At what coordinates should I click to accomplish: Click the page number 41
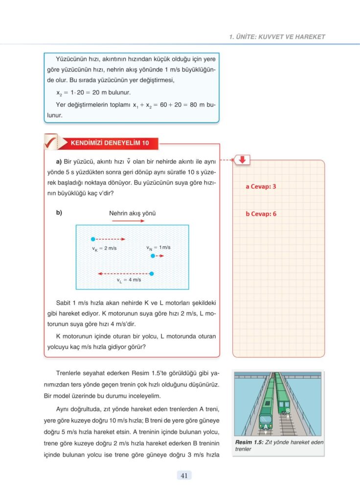pyautogui.click(x=184, y=475)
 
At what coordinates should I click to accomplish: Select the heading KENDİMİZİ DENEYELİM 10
pyautogui.click(x=110, y=143)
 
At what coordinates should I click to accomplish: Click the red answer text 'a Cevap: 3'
pyautogui.click(x=261, y=186)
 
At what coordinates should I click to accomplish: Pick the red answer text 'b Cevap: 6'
pyautogui.click(x=261, y=214)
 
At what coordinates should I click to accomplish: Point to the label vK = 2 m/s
pyautogui.click(x=104, y=249)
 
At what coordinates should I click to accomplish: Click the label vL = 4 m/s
pyautogui.click(x=129, y=280)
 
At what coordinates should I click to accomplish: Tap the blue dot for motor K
pyautogui.click(x=93, y=239)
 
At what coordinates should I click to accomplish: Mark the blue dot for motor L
pyautogui.click(x=152, y=273)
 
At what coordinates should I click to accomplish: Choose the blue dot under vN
pyautogui.click(x=153, y=256)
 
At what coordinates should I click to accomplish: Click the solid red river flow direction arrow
pyautogui.click(x=128, y=221)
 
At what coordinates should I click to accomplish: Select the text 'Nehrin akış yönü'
pyautogui.click(x=133, y=213)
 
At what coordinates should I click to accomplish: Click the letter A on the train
pyautogui.click(x=266, y=426)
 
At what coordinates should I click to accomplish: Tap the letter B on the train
pyautogui.click(x=288, y=410)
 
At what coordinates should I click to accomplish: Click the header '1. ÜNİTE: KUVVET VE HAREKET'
pyautogui.click(x=277, y=37)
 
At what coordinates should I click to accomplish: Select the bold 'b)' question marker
pyautogui.click(x=59, y=213)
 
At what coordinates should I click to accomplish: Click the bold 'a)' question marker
pyautogui.click(x=59, y=161)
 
